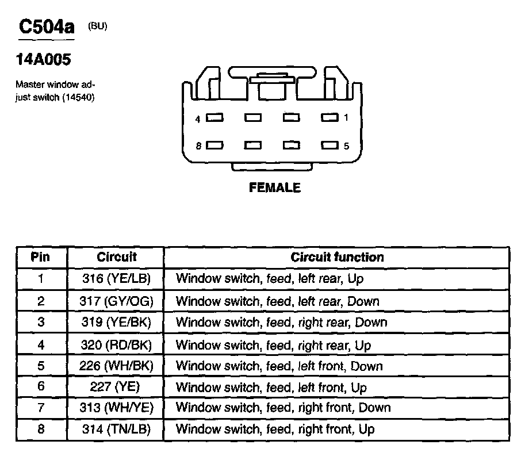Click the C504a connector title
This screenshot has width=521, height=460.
click(47, 26)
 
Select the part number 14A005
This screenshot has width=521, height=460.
click(43, 60)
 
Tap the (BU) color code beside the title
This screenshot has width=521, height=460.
click(97, 26)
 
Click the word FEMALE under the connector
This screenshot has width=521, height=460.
click(275, 187)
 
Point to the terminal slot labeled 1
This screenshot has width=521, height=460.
click(330, 118)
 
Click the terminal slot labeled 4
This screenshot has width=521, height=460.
click(215, 118)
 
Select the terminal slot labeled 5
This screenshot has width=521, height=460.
click(330, 145)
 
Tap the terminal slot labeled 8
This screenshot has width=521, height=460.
click(215, 145)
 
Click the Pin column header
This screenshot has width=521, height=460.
click(41, 257)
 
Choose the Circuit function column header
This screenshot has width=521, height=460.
click(337, 257)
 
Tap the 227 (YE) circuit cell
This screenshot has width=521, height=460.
click(115, 387)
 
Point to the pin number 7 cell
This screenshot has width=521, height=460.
click(41, 408)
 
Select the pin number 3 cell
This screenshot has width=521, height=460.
click(41, 322)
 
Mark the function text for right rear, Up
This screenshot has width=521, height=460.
click(273, 345)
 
